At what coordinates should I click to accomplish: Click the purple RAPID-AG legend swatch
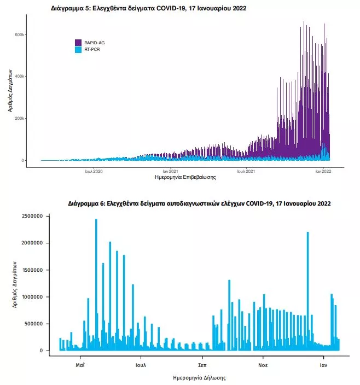(x=78, y=43)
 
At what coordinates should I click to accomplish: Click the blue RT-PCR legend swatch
(x=78, y=49)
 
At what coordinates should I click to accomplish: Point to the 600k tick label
(x=19, y=34)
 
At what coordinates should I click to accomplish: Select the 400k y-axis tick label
(x=19, y=77)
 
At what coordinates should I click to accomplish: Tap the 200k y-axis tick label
(x=19, y=118)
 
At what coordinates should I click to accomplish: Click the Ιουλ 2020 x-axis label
(x=94, y=171)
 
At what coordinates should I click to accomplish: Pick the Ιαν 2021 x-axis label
(x=170, y=171)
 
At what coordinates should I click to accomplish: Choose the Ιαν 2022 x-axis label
(x=323, y=171)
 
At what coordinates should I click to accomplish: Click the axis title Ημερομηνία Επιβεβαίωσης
(x=185, y=177)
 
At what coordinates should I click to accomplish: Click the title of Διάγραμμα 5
(x=149, y=8)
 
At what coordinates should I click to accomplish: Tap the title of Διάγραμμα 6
(x=199, y=203)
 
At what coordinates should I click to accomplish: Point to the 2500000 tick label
(x=32, y=216)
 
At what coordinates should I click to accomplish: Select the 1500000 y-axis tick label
(x=32, y=270)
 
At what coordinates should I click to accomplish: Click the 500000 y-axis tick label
(x=33, y=324)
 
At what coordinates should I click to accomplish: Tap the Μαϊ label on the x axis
(x=80, y=365)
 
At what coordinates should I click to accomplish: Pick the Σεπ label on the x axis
(x=202, y=365)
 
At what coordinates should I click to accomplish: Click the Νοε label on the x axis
(x=263, y=365)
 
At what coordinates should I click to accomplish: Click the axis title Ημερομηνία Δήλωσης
(x=199, y=378)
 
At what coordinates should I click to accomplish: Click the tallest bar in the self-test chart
(x=96, y=285)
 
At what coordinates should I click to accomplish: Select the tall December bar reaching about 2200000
(x=307, y=291)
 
